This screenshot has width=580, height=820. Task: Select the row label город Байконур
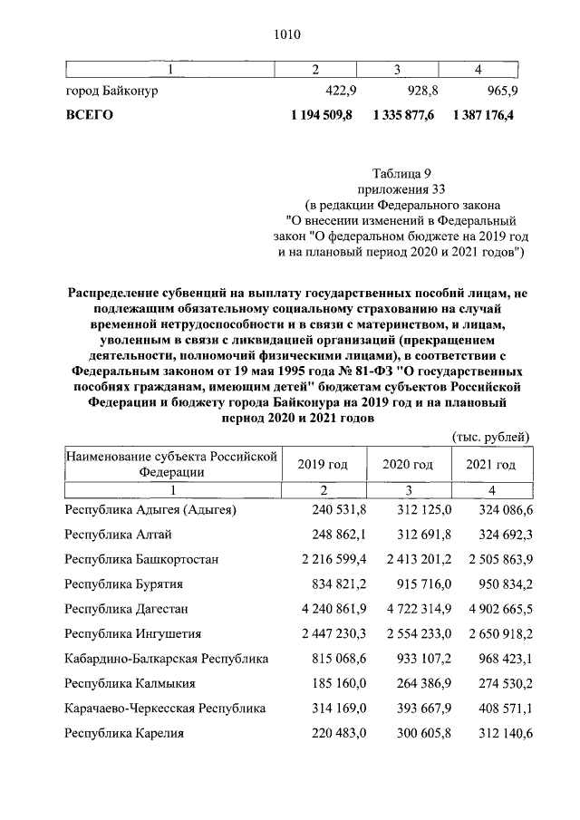(x=111, y=92)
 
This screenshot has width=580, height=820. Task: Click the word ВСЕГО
(x=89, y=115)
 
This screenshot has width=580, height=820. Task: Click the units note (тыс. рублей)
(x=490, y=437)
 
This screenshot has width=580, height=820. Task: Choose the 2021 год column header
(x=490, y=464)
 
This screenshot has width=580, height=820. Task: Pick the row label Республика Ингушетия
(x=132, y=633)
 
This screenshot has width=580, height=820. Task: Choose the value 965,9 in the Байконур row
(x=499, y=92)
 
